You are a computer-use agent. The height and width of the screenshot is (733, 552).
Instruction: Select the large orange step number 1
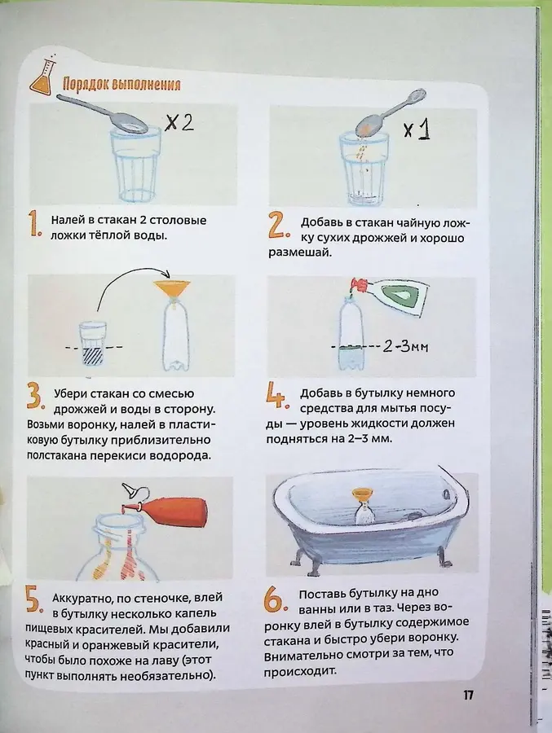click(x=33, y=225)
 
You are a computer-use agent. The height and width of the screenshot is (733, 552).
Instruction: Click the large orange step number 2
click(x=277, y=226)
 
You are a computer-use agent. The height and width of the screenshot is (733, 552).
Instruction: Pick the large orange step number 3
click(x=34, y=398)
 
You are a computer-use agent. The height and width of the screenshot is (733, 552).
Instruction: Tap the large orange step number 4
click(x=277, y=397)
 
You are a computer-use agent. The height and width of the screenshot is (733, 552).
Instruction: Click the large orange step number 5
click(x=34, y=601)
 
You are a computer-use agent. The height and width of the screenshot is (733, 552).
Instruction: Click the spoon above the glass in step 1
click(x=106, y=112)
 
